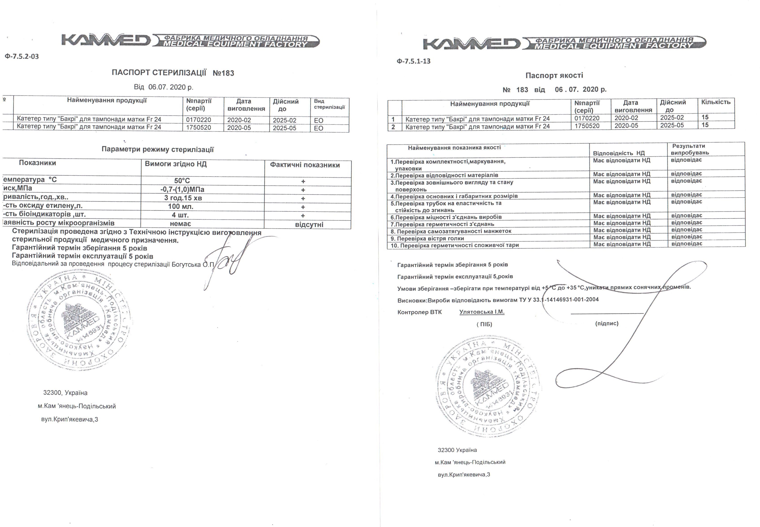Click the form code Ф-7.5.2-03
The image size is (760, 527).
coord(22,57)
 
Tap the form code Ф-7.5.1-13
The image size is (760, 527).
coord(414,61)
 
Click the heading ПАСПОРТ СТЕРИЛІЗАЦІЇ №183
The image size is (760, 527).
coord(173,73)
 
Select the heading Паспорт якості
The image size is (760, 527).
coord(554,75)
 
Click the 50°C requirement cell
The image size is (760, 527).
coord(182,181)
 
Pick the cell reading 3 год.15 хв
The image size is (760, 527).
coord(183,198)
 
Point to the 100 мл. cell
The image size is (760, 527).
coord(181,207)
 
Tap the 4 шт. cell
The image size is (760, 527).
coord(180,215)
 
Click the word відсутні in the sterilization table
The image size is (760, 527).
coord(309,225)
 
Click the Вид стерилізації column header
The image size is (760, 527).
coord(329,104)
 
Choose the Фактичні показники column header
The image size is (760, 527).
coord(305,165)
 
